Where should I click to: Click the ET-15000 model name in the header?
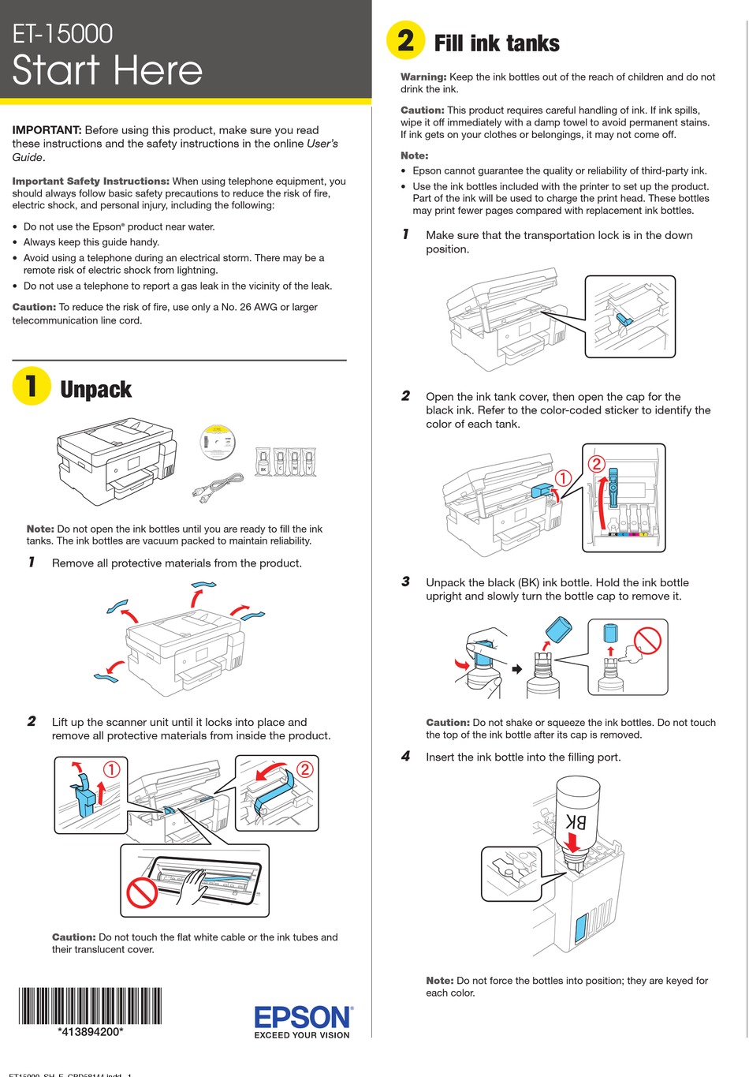[63, 33]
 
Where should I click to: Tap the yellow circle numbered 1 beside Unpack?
[32, 386]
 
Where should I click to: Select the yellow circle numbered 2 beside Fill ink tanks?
[405, 40]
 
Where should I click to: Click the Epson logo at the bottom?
[302, 1016]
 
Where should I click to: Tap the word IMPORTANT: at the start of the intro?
[47, 130]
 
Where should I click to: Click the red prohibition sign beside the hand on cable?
[143, 893]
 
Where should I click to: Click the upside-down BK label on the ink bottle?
[576, 821]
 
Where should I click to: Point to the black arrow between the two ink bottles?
[517, 669]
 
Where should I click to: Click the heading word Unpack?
[95, 390]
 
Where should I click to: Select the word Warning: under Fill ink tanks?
[423, 77]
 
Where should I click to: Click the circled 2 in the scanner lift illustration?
[304, 768]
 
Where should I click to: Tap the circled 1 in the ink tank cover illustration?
[563, 478]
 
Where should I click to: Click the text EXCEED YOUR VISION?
[302, 1035]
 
